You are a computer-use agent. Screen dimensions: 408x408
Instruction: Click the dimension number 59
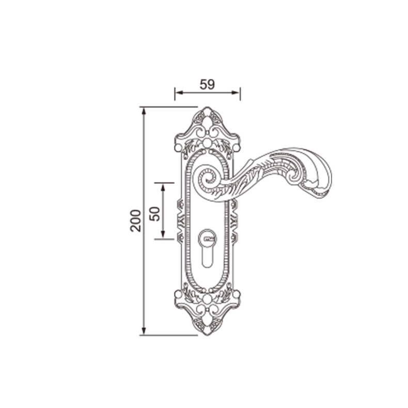(207, 84)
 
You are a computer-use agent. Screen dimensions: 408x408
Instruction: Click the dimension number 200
(135, 221)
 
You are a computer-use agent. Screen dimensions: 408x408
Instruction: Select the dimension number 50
(154, 214)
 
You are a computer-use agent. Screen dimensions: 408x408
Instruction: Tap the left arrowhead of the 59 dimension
(178, 92)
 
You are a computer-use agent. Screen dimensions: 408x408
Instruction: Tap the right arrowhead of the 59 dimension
(237, 92)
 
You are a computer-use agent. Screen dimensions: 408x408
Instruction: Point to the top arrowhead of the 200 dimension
(144, 111)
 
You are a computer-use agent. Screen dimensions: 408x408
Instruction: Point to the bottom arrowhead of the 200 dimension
(144, 332)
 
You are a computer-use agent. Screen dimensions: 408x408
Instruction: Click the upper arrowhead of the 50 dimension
(163, 187)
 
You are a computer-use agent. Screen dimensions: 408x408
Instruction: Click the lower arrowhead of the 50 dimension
(163, 234)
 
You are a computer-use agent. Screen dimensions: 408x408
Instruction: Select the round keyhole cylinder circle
(208, 239)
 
